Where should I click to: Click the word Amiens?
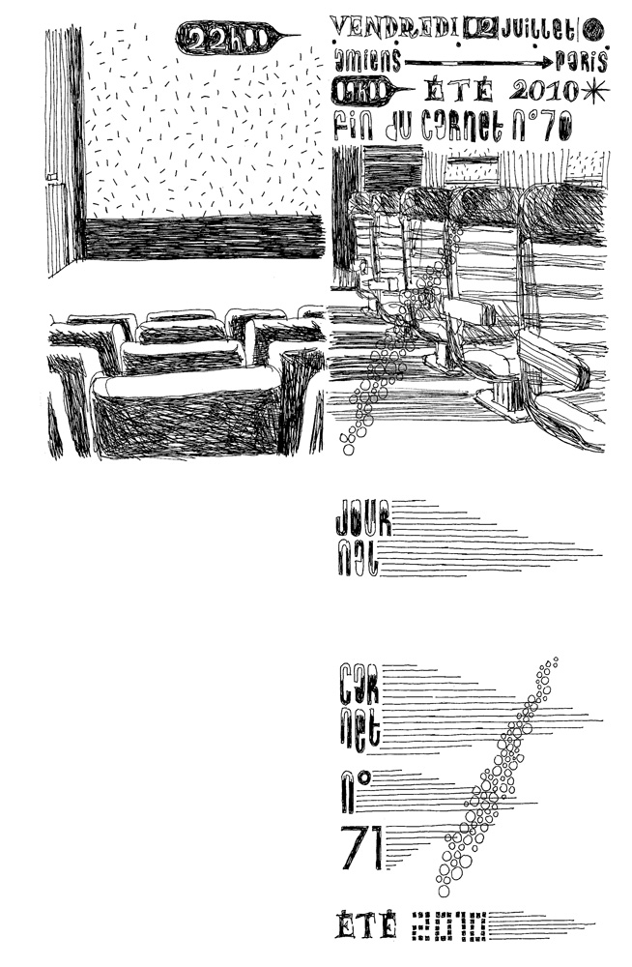(363, 61)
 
